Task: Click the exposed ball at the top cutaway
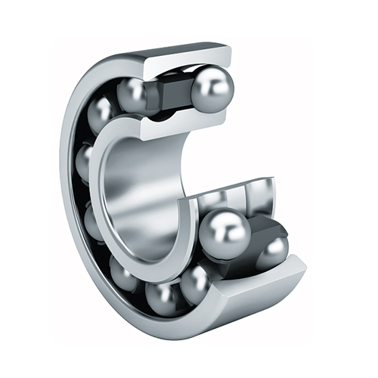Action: [212, 89]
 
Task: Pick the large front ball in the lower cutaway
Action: [224, 231]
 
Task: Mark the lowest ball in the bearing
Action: [163, 296]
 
